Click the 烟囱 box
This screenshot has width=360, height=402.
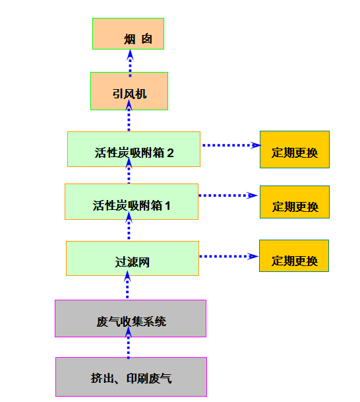[x=128, y=34]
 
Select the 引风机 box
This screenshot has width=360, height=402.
[x=129, y=91]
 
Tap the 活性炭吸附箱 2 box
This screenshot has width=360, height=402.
[x=134, y=149]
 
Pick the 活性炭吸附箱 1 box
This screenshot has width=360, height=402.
[x=131, y=201]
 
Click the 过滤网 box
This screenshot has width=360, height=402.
[x=133, y=259]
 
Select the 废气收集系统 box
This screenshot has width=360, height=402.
[x=131, y=318]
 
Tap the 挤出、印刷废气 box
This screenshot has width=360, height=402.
[x=131, y=377]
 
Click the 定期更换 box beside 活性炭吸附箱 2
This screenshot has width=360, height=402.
[x=295, y=149]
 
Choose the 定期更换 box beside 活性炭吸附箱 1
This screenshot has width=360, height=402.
[x=295, y=202]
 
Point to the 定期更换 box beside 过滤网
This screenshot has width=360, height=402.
[x=294, y=256]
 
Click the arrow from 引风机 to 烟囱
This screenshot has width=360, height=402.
[x=130, y=63]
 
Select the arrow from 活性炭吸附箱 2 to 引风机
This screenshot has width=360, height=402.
[x=129, y=116]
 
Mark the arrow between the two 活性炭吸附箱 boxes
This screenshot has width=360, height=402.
[x=129, y=170]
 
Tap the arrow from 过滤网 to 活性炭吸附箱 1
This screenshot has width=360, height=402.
[x=129, y=226]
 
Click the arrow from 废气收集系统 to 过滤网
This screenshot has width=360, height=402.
[x=127, y=285]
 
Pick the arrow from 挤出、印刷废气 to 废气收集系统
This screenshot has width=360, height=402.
[x=129, y=343]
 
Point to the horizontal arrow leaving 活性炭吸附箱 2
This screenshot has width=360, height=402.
[x=231, y=145]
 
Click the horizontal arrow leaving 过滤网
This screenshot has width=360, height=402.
[x=229, y=256]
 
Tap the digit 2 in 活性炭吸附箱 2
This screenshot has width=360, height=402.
[x=171, y=153]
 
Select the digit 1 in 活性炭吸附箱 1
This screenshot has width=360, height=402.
[x=167, y=206]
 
